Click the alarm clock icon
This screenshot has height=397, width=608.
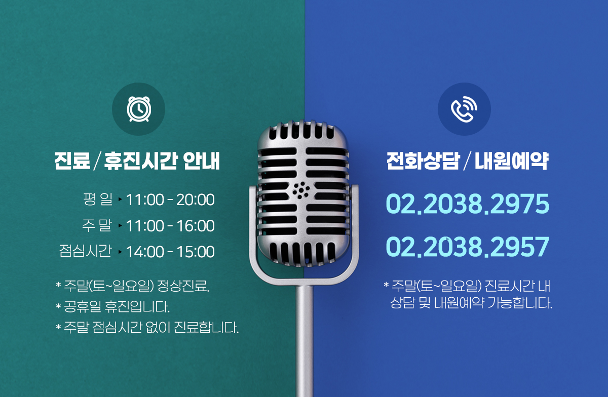(139, 109)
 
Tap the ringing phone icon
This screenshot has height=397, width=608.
(464, 109)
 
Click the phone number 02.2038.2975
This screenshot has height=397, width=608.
(467, 204)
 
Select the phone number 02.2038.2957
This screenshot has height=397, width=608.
(467, 247)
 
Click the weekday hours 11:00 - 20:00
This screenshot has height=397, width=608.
(170, 200)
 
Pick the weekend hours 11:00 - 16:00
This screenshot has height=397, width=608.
(170, 226)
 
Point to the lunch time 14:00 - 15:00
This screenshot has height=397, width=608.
(170, 252)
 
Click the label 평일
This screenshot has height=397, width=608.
(98, 199)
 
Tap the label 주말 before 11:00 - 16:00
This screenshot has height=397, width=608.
(97, 225)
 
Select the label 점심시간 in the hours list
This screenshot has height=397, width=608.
(85, 251)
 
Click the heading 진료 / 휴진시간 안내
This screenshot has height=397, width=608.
(137, 161)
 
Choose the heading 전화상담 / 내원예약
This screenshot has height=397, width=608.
(467, 161)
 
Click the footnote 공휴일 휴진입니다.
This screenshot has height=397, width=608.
(117, 307)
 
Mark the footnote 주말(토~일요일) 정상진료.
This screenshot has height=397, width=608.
(136, 286)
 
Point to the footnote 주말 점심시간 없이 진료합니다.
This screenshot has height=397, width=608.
(151, 328)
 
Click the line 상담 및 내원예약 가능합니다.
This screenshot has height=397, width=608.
(471, 303)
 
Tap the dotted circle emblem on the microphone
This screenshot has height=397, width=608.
(301, 190)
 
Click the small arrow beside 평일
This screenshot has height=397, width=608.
(120, 200)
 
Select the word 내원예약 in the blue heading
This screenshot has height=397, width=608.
(512, 161)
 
